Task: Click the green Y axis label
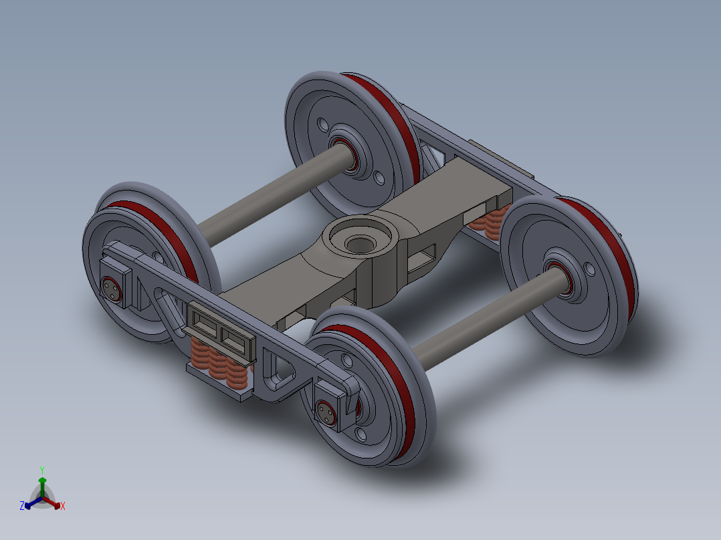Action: click(42, 469)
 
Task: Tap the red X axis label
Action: click(63, 506)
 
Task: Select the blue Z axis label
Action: click(22, 506)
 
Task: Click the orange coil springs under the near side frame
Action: click(218, 364)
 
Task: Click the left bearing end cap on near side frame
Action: click(112, 288)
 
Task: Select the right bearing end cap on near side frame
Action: click(327, 412)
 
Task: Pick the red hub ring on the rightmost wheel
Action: click(560, 280)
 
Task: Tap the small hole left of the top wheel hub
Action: click(322, 124)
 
